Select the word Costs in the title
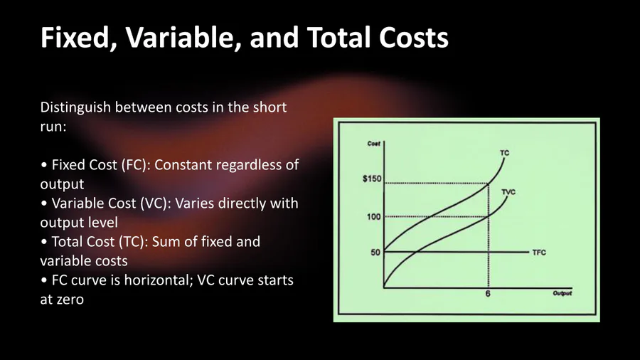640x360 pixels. click(413, 37)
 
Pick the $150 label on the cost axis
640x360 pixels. click(372, 179)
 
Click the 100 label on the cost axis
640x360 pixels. click(373, 217)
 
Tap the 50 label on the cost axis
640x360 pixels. click(375, 253)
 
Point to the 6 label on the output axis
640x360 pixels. click(488, 294)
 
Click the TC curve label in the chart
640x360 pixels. click(504, 153)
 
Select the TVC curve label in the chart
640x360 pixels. click(508, 192)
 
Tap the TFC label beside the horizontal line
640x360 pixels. click(539, 253)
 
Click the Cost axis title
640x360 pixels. click(374, 144)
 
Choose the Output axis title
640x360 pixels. click(562, 293)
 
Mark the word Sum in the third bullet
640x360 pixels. click(165, 242)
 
